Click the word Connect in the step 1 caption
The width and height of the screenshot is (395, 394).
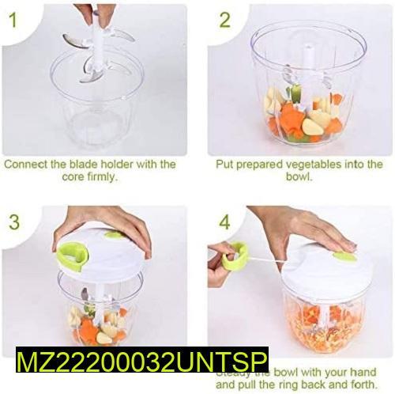23,165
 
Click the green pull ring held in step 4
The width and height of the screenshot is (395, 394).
235,255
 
